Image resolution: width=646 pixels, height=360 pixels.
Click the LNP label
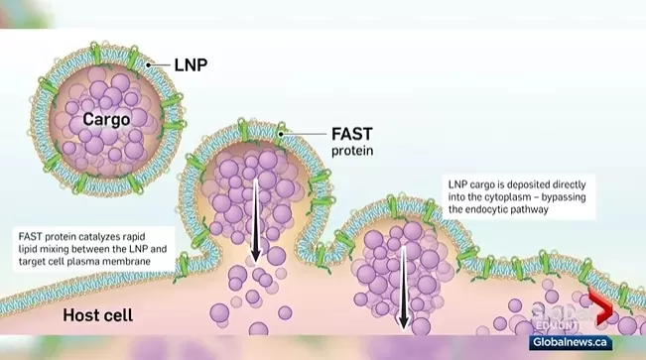coord(191,65)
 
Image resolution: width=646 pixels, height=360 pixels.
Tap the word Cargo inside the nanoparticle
coord(106,119)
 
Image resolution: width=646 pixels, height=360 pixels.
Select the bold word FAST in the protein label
coord(352,134)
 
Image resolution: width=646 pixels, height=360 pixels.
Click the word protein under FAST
coord(352,151)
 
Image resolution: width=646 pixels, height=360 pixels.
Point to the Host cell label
coord(97,315)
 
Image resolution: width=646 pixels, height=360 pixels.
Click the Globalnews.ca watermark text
coord(570,342)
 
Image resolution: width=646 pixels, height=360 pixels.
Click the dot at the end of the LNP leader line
coord(148,64)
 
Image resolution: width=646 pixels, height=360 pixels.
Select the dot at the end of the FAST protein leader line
coord(281,134)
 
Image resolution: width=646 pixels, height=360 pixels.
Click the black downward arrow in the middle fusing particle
coord(255,220)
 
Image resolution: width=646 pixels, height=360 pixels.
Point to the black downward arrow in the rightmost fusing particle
coord(403,289)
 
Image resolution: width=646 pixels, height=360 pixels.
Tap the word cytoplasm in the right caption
coord(511,197)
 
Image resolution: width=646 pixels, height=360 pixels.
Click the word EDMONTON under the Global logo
coord(556,326)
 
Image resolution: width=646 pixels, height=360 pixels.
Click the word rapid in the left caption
coord(135,237)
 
